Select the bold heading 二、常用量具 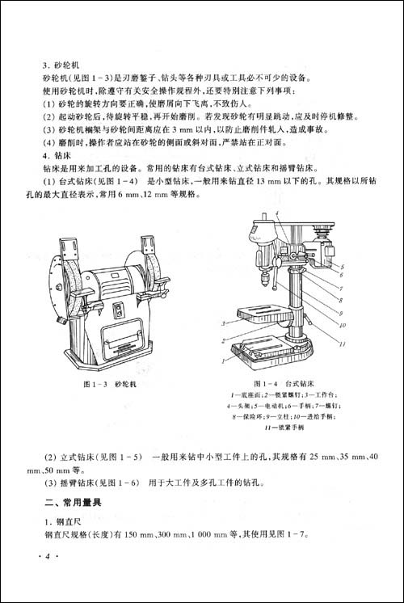pos(77,503)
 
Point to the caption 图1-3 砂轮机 pos(110,385)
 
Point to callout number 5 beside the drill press pos(343,266)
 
